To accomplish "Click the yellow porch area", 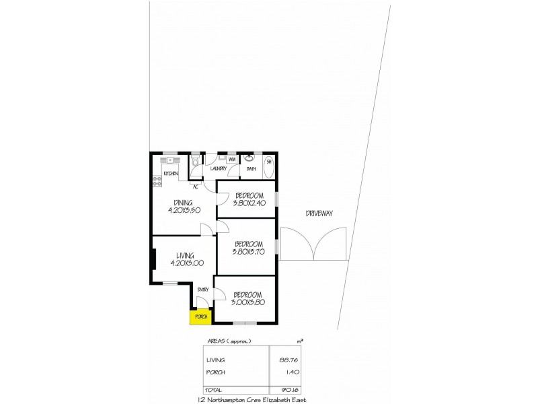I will coord(200,317).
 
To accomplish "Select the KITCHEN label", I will coord(170,174).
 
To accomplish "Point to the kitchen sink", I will coord(170,160).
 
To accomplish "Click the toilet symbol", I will coord(194,164).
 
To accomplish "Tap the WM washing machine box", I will coord(231,160).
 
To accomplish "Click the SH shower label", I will coord(268,162).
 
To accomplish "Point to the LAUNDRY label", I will coord(218,170).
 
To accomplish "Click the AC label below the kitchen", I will coord(195,187).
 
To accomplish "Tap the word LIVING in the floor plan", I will coord(185,255).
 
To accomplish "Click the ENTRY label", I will coord(202,290).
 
